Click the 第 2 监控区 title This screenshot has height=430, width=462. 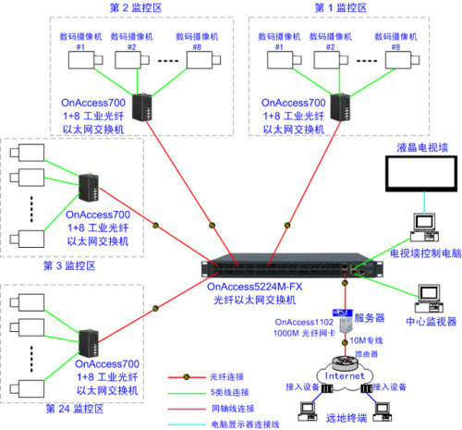[140, 7]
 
